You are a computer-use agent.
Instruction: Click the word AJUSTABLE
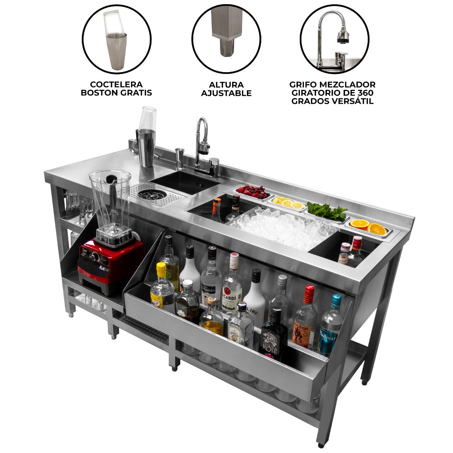(x=226, y=93)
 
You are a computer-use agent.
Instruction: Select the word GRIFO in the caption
(x=302, y=85)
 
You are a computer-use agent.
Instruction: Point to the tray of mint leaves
(x=327, y=212)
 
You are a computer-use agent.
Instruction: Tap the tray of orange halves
(x=368, y=226)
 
